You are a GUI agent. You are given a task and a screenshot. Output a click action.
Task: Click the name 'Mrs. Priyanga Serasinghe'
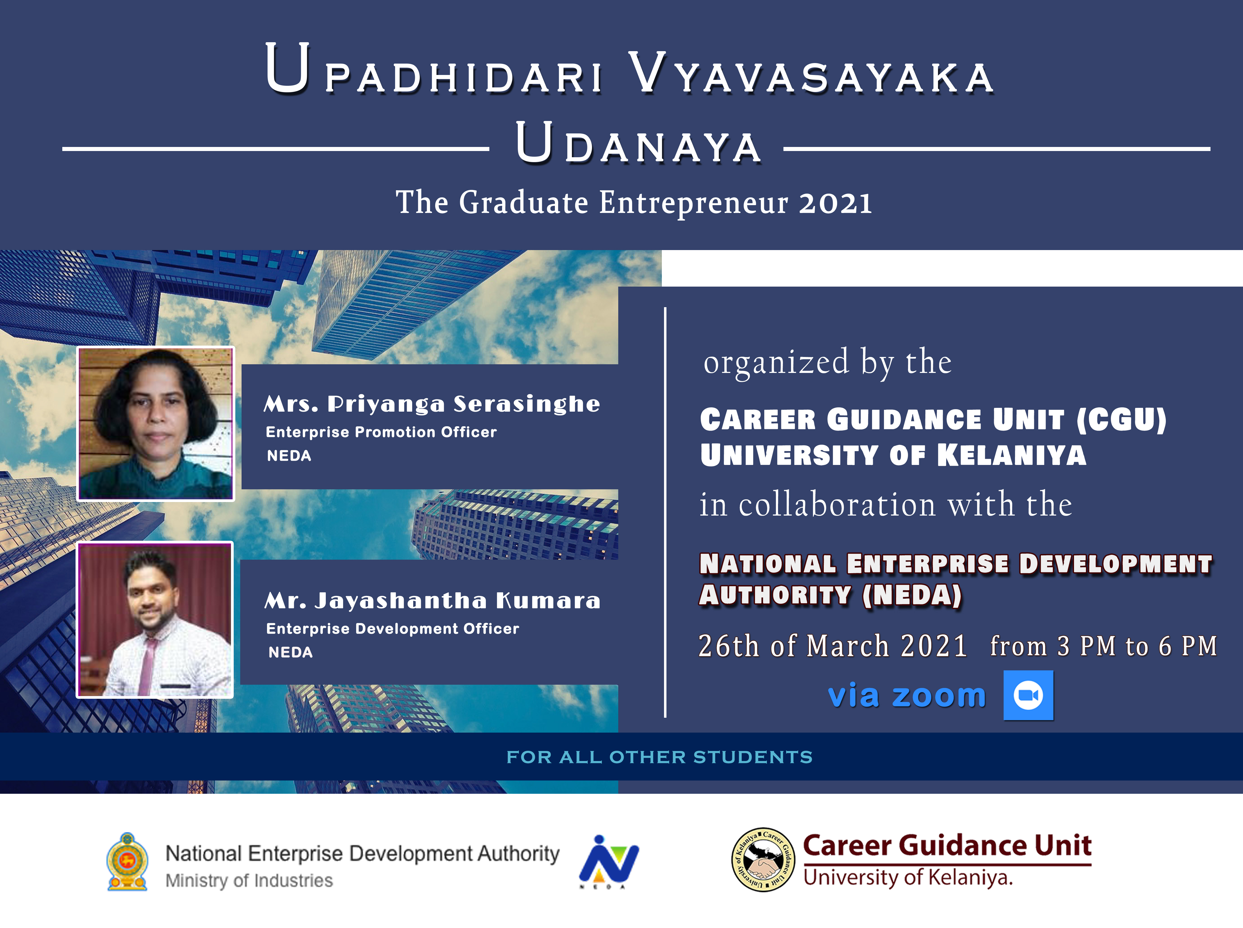432,404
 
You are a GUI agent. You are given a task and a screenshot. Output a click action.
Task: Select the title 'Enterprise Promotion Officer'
381,432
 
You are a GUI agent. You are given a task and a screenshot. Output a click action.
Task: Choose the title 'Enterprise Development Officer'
392,629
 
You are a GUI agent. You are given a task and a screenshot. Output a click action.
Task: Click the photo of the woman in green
156,424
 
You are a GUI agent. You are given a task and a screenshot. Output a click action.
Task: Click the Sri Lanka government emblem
128,862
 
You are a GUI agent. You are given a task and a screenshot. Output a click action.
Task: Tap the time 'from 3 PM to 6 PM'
1103,646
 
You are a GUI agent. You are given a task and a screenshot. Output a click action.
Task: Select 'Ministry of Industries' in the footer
249,880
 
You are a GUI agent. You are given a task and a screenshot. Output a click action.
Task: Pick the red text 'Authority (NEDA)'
831,595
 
